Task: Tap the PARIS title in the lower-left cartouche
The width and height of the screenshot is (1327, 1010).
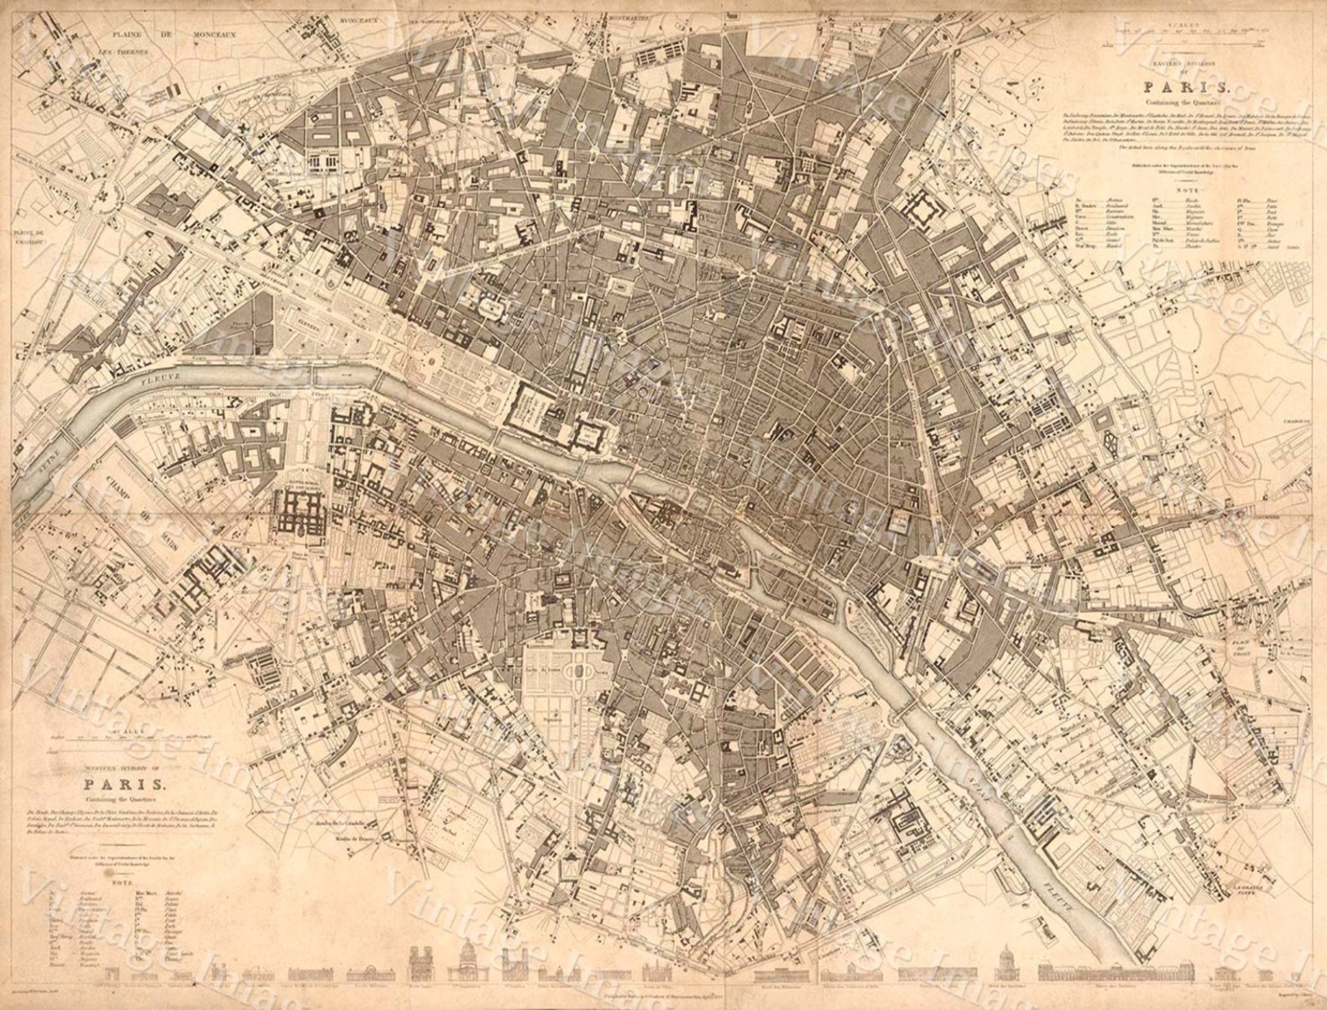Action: tap(125, 784)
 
